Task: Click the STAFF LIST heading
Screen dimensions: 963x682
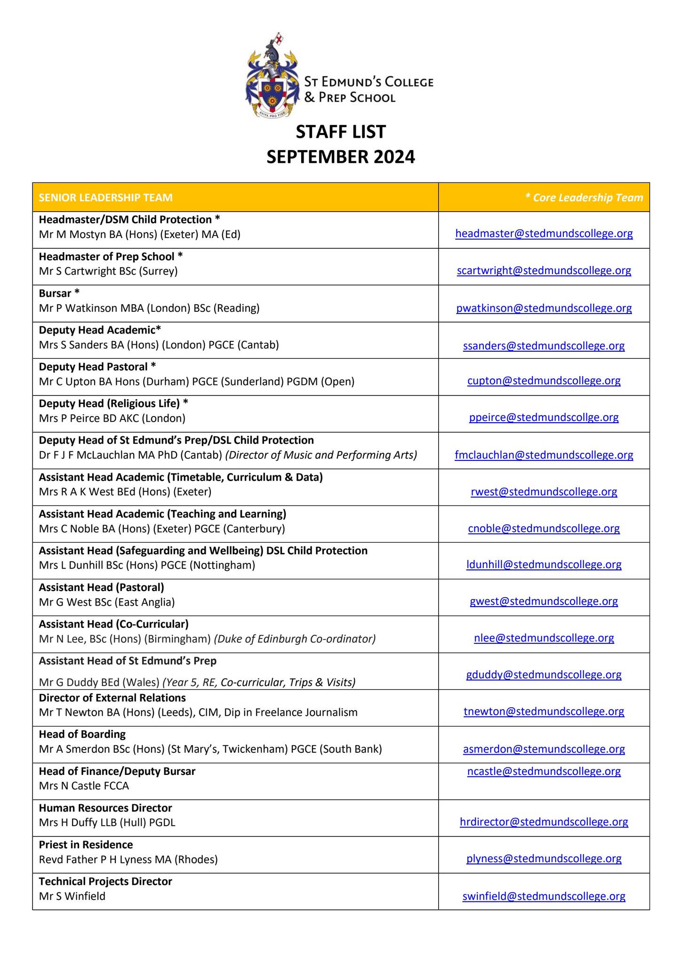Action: [341, 132]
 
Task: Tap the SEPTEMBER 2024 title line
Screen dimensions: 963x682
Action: [341, 157]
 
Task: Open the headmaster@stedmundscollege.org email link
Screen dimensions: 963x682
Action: [544, 233]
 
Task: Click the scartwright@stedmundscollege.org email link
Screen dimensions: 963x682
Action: [544, 270]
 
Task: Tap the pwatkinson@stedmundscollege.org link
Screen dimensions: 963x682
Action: [544, 308]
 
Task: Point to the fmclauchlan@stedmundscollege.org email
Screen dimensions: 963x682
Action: [544, 455]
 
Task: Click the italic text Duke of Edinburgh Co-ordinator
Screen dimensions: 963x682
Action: [295, 639]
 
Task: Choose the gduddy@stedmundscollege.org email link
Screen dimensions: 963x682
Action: [544, 675]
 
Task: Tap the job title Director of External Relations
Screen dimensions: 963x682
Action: [112, 698]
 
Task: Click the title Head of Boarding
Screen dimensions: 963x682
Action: [82, 734]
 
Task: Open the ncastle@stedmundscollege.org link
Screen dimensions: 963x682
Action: [544, 771]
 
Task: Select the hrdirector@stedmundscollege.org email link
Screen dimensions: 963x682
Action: [544, 822]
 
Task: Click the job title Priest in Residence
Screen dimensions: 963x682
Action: [86, 845]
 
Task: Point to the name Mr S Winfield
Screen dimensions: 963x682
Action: [72, 896]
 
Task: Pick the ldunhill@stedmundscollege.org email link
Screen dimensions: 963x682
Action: [544, 564]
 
